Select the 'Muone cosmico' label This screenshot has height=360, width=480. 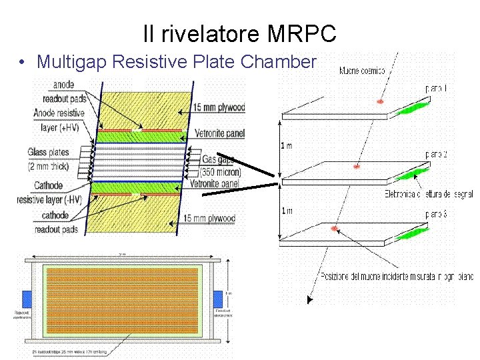(x=361, y=70)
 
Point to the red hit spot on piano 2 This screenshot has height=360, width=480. (x=357, y=165)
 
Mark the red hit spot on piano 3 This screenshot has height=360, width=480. (x=334, y=229)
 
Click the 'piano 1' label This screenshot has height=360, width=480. (x=436, y=87)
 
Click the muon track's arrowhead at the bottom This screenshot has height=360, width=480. (x=309, y=301)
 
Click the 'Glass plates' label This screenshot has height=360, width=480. (x=48, y=153)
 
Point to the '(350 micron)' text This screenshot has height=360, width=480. (x=223, y=172)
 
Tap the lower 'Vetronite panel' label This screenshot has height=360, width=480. (x=217, y=183)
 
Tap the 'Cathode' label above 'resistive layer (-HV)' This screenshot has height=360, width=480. (x=48, y=186)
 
